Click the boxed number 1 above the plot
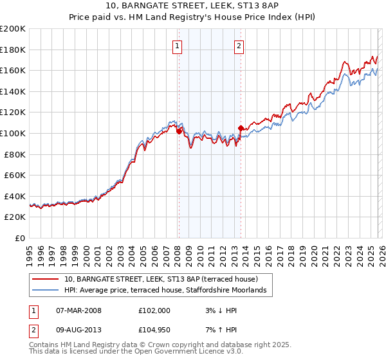(x=177, y=46)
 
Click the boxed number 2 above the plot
(x=239, y=46)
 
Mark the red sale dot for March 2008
(x=179, y=131)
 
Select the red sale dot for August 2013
(x=241, y=128)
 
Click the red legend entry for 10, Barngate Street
(x=161, y=280)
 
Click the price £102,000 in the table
(x=154, y=310)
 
